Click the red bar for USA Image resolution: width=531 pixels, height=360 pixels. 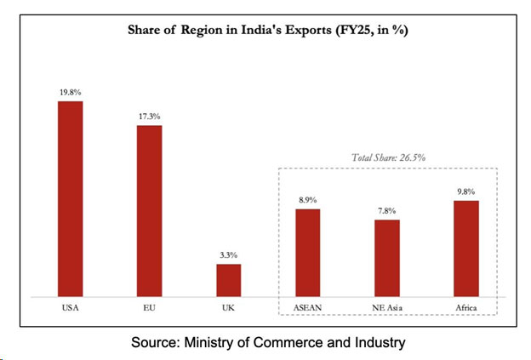(x=70, y=198)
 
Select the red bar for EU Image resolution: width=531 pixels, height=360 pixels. (x=149, y=210)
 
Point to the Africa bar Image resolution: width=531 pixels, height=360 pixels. (x=466, y=249)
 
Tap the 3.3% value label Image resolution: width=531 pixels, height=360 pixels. (x=228, y=255)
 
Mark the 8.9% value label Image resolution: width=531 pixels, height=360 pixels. (x=307, y=200)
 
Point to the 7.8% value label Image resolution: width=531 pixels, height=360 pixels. (x=386, y=211)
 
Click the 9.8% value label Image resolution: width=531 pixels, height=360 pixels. (x=466, y=192)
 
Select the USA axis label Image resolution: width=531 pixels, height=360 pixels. (x=70, y=306)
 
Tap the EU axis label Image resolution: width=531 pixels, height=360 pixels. (x=149, y=306)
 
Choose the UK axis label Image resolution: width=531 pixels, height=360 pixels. (x=228, y=306)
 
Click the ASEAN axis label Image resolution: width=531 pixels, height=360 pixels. (x=307, y=306)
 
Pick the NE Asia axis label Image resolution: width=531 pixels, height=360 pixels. (x=386, y=306)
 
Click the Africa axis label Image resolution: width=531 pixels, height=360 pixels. (x=466, y=306)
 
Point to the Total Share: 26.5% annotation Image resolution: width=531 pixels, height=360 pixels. (x=388, y=157)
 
